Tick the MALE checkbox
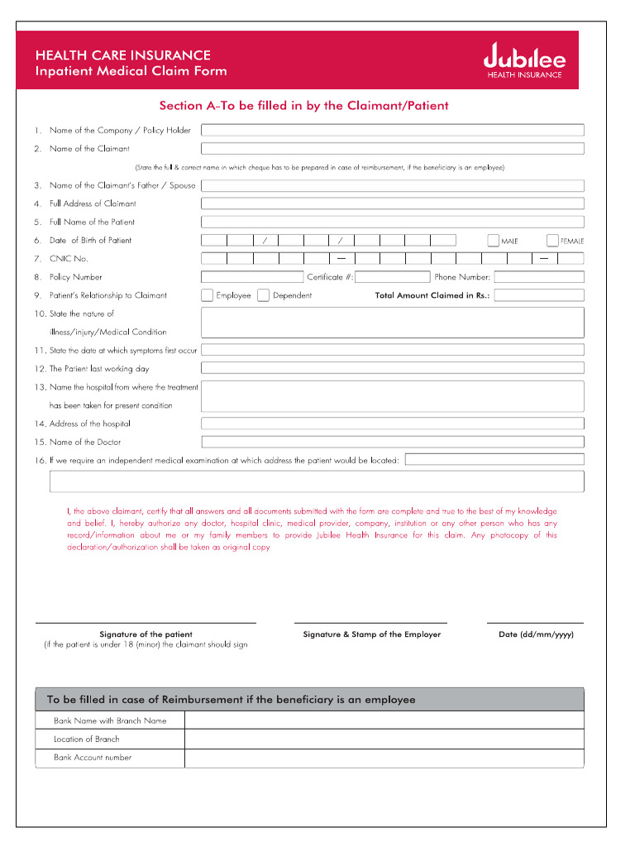[493, 240]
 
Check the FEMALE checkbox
[552, 240]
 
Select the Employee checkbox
[207, 295]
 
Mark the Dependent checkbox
[263, 295]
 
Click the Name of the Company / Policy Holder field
[393, 130]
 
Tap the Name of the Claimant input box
[393, 149]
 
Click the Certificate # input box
[393, 277]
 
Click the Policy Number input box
[252, 277]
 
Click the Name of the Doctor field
[393, 443]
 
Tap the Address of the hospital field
[393, 423]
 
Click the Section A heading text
[303, 106]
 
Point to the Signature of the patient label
[146, 634]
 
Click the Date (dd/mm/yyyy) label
[536, 634]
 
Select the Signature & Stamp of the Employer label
[371, 634]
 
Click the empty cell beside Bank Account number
[384, 758]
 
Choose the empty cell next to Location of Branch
[384, 739]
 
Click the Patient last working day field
[393, 369]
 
